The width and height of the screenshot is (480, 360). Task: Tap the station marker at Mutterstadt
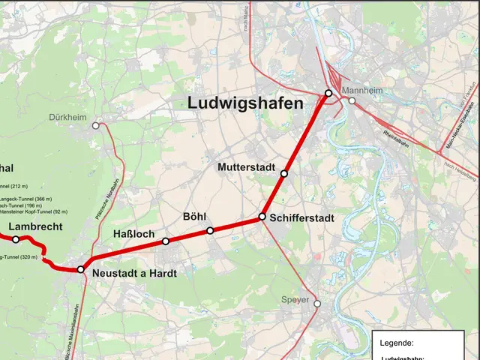284,173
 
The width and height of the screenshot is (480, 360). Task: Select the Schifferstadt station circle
262,216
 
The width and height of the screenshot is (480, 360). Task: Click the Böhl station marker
210,230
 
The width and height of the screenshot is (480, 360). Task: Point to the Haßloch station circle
166,241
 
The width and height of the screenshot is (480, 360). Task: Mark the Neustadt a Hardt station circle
81,268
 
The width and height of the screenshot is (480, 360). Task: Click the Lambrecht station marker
16,239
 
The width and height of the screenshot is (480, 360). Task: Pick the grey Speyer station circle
317,304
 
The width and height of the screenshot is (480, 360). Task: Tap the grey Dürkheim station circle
95,126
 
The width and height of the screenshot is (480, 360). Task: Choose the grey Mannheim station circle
352,100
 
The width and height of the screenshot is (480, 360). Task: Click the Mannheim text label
363,91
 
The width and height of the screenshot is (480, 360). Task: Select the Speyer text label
295,300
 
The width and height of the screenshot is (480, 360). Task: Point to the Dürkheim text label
67,118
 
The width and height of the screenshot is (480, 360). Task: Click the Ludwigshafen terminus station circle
328,93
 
